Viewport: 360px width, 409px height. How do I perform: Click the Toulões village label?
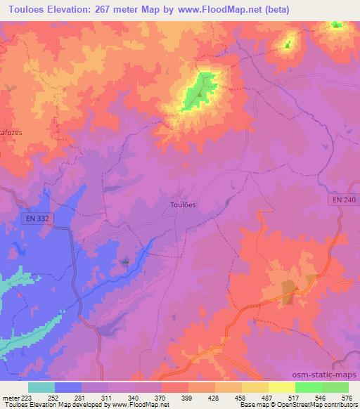[x=183, y=204]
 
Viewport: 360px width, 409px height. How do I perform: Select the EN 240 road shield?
[x=342, y=200]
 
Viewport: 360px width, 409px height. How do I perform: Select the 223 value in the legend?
[x=27, y=397]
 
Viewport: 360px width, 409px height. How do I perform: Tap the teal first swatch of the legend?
[x=41, y=387]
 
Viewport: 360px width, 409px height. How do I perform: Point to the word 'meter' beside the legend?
[x=11, y=397]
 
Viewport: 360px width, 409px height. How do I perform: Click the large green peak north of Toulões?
[x=198, y=91]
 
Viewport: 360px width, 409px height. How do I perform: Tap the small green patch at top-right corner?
[x=337, y=25]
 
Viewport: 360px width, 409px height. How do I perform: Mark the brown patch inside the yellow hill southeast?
[x=289, y=292]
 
